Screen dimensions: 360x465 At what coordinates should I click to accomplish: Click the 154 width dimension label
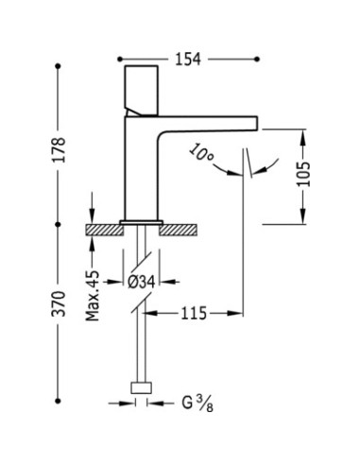point(188,59)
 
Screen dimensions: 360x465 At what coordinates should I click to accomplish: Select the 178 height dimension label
point(59,149)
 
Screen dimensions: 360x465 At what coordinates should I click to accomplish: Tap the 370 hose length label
point(59,303)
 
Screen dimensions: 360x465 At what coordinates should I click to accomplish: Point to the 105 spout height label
point(303,174)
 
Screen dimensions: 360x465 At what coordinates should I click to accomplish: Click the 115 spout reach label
point(194,314)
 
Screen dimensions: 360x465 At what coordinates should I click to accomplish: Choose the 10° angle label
point(201,153)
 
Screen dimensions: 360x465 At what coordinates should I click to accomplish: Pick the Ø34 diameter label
point(142,282)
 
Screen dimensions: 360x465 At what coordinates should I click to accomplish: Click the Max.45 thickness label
point(93,296)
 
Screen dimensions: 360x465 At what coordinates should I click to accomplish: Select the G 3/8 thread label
point(197,404)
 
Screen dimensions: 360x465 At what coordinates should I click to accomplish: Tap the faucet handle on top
point(142,91)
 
